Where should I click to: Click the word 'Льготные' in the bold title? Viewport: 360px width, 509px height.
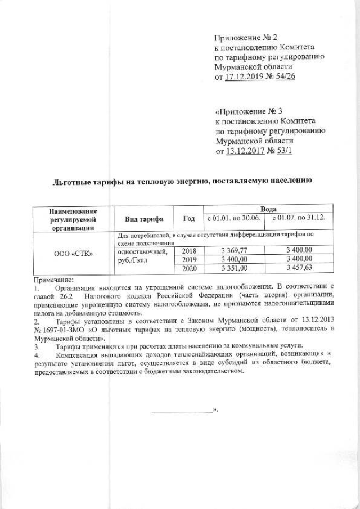71,183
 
